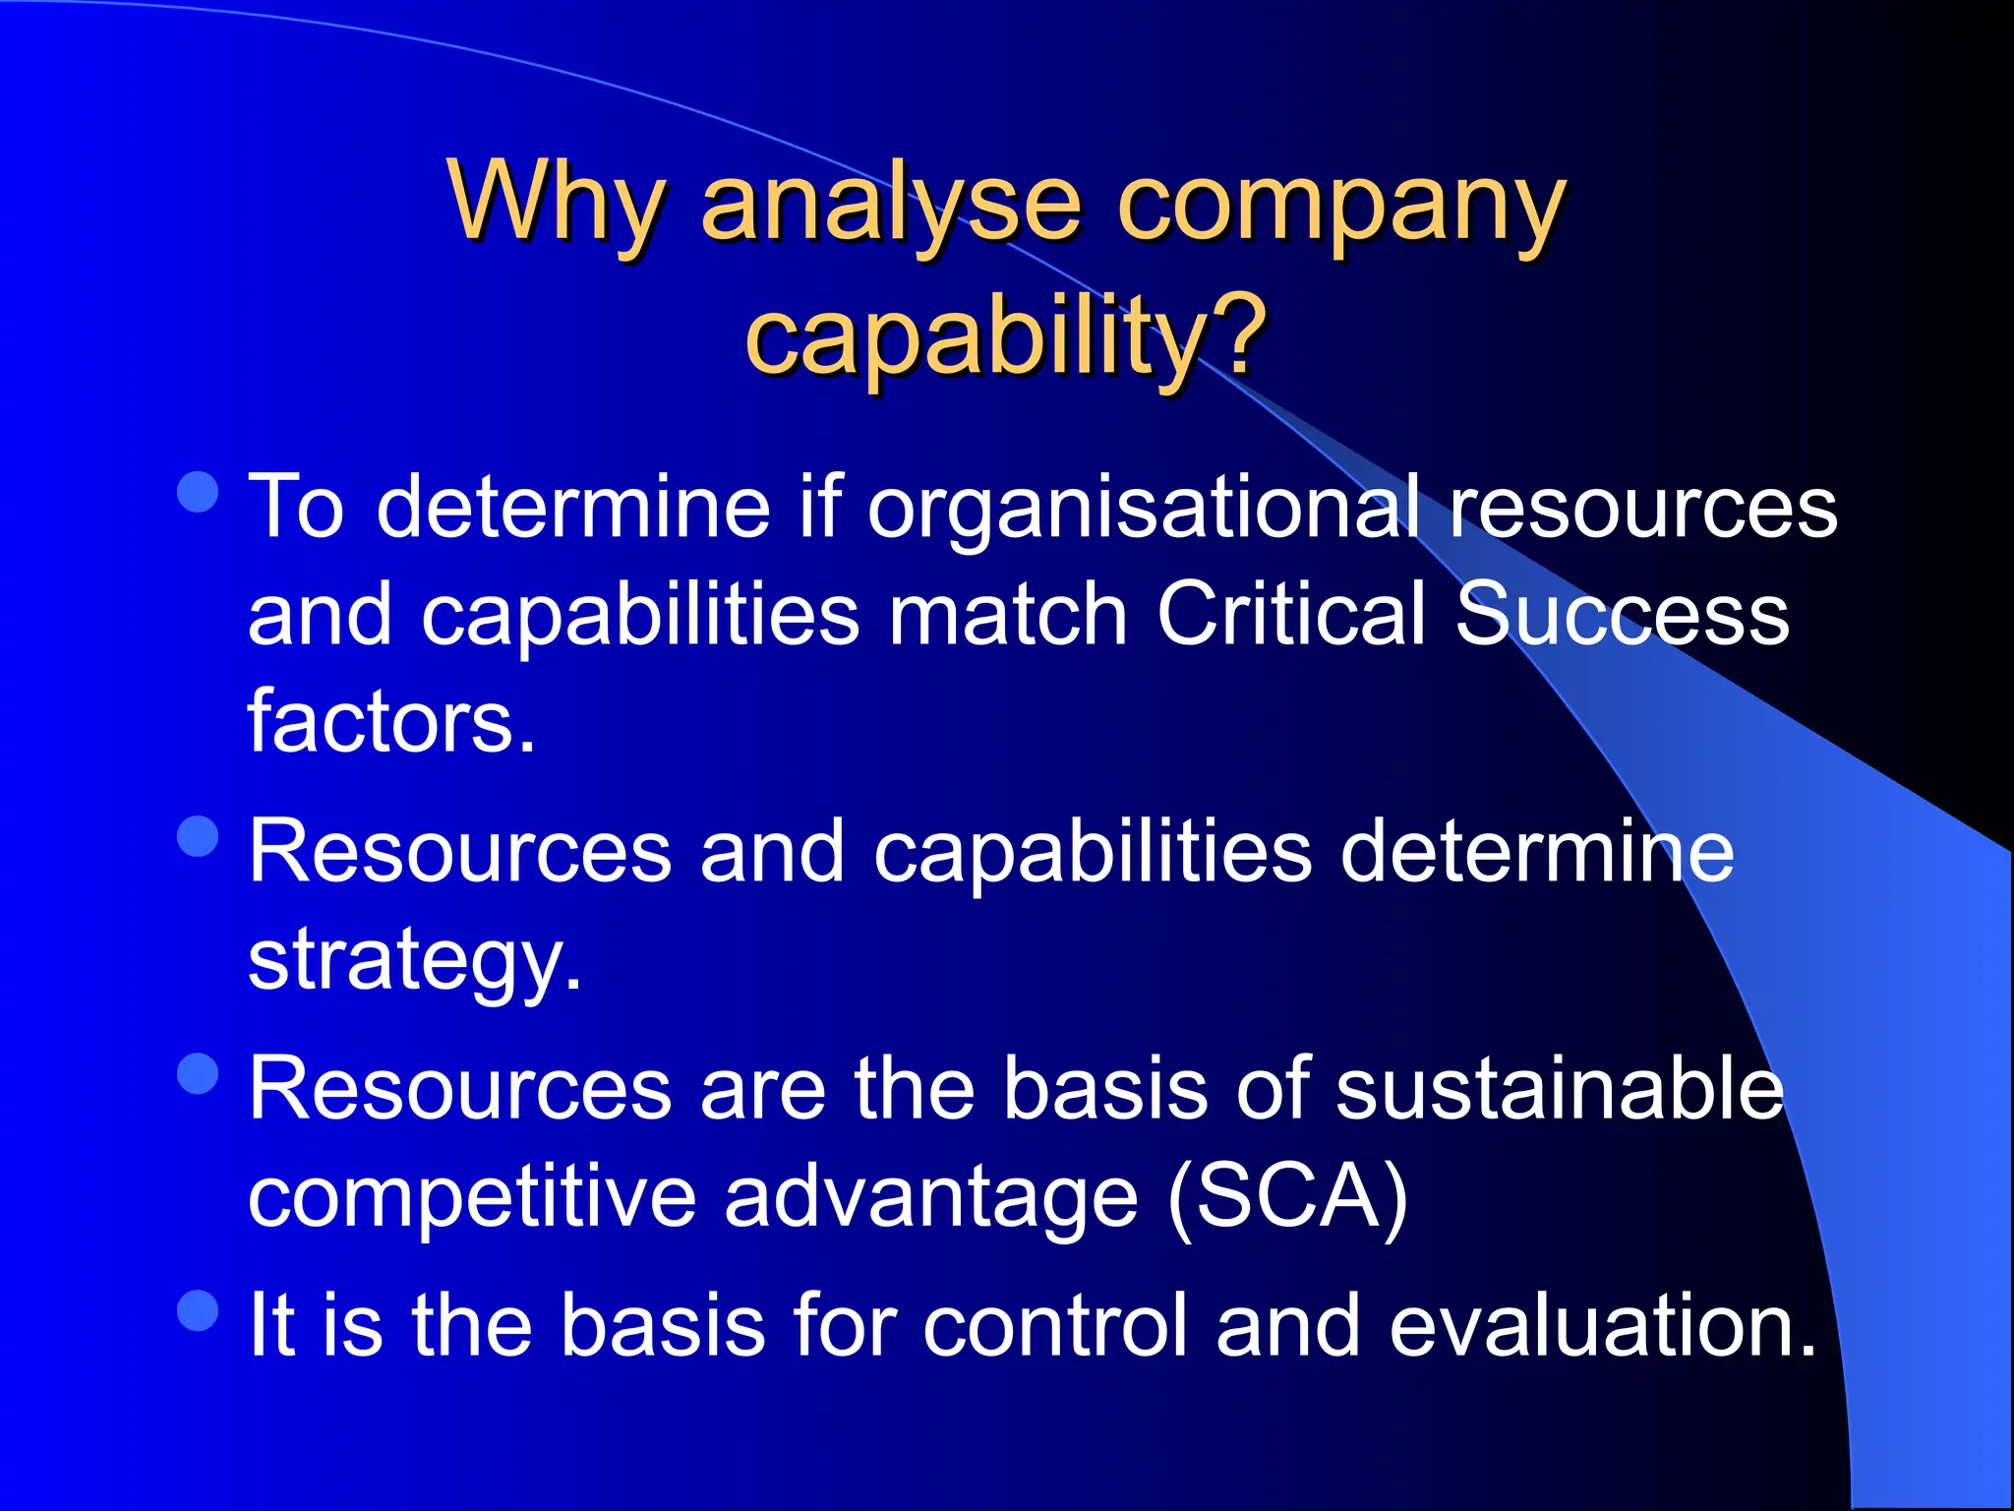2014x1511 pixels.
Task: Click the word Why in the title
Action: [x=557, y=202]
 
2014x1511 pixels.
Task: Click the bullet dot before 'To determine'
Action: [x=199, y=491]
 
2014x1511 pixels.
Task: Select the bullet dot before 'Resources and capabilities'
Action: [x=199, y=836]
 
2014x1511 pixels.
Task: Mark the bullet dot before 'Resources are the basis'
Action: [x=199, y=1073]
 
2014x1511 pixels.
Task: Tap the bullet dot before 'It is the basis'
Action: [x=199, y=1310]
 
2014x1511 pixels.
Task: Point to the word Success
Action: [x=1622, y=614]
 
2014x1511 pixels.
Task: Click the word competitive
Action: [x=472, y=1197]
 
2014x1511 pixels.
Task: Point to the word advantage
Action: [x=930, y=1199]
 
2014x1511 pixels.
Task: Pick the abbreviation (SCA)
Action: [x=1287, y=1197]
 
